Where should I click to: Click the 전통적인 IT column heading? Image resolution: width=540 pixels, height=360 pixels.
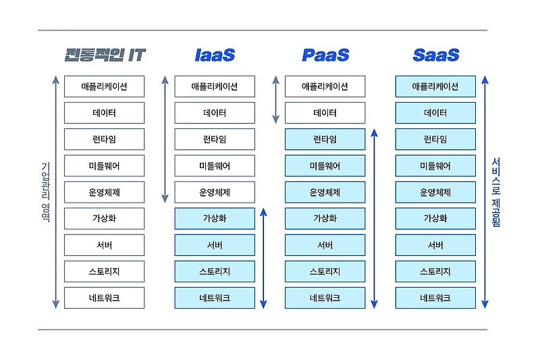[105, 55]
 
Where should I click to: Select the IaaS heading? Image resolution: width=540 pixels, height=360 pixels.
[215, 55]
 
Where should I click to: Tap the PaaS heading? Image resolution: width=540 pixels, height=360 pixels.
[325, 55]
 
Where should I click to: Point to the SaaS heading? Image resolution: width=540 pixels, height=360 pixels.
[435, 55]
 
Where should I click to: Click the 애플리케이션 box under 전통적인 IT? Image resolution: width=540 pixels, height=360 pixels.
[105, 86]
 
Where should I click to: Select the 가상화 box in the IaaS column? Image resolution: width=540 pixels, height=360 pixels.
[215, 219]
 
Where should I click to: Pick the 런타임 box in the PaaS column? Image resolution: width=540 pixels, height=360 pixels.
[325, 139]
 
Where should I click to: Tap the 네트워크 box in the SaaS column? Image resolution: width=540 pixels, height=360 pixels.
[435, 298]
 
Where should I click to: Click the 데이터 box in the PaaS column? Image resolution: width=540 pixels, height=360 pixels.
[325, 113]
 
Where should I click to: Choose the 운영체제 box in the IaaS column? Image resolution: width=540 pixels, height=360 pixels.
[215, 192]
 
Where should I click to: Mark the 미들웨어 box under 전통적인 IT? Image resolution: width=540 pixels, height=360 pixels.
[105, 165]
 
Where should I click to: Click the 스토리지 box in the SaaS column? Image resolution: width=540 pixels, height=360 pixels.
[435, 272]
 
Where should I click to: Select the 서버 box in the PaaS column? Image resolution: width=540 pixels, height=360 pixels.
[325, 245]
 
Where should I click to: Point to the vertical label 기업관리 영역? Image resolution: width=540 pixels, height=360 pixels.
[45, 192]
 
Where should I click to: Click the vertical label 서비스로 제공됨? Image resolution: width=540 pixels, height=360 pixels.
[496, 192]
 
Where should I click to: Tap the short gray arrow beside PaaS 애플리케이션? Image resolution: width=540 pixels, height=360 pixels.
[275, 100]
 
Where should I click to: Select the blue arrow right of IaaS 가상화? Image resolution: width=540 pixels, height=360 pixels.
[264, 258]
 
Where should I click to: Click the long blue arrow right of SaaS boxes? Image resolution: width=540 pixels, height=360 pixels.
[485, 192]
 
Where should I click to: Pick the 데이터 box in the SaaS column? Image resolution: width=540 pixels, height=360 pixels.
[435, 113]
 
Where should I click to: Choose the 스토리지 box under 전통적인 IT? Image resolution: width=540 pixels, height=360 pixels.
[105, 272]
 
